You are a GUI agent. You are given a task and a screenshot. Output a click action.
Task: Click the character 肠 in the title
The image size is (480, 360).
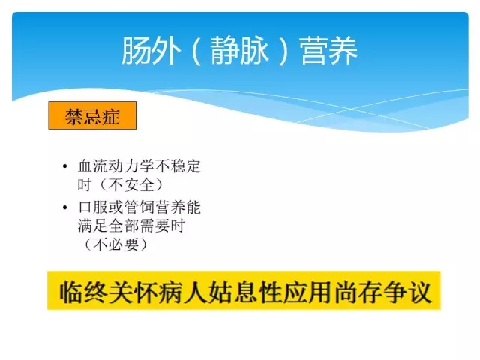coord(136,50)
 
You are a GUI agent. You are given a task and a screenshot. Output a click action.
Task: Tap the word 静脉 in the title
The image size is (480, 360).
coord(240,50)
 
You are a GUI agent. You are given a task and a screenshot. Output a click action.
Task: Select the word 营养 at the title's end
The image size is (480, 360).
coord(328,50)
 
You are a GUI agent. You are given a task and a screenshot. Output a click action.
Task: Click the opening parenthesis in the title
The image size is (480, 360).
coord(196,51)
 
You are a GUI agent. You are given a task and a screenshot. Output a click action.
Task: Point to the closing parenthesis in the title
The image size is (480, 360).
coord(283,51)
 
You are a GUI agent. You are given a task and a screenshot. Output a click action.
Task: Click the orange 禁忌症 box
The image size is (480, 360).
coord(92,115)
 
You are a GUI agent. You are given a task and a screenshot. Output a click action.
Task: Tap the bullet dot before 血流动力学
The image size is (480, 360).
coord(65,166)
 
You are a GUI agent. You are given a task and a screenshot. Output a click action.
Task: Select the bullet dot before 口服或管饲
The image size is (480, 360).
coord(65,208)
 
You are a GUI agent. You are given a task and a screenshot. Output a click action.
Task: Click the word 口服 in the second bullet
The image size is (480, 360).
coord(93,208)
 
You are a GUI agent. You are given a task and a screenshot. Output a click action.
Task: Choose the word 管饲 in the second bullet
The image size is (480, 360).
coord(139,208)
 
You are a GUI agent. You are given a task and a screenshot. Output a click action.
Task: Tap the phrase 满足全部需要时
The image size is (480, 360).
coord(131,226)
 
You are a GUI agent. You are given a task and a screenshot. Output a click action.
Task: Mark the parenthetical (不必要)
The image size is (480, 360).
coord(116,244)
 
